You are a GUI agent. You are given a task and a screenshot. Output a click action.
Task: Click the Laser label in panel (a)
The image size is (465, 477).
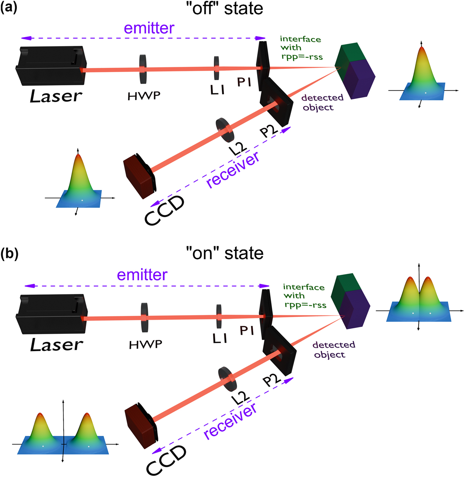click(x=56, y=96)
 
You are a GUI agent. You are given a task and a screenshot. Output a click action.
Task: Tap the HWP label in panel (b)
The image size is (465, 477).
click(x=146, y=345)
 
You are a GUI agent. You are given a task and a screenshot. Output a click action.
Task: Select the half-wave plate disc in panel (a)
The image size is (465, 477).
click(x=143, y=69)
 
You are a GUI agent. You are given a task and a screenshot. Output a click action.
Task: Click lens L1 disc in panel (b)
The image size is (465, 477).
click(x=219, y=316)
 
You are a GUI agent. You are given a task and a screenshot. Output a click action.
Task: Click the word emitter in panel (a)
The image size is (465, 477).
click(x=149, y=28)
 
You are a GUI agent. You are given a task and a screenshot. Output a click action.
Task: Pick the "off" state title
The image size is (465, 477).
click(x=224, y=8)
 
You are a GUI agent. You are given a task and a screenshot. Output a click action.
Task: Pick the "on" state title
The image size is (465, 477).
click(x=224, y=253)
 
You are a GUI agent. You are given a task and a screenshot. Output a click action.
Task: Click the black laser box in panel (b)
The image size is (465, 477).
click(x=51, y=314)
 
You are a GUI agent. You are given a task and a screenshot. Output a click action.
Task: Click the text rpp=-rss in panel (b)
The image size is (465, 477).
click(x=305, y=305)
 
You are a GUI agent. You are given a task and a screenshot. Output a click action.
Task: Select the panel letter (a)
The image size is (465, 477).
click(x=8, y=8)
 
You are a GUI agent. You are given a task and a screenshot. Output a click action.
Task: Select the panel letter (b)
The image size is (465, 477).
click(x=9, y=254)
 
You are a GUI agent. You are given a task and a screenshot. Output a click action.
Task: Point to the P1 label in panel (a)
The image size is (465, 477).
click(x=244, y=82)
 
